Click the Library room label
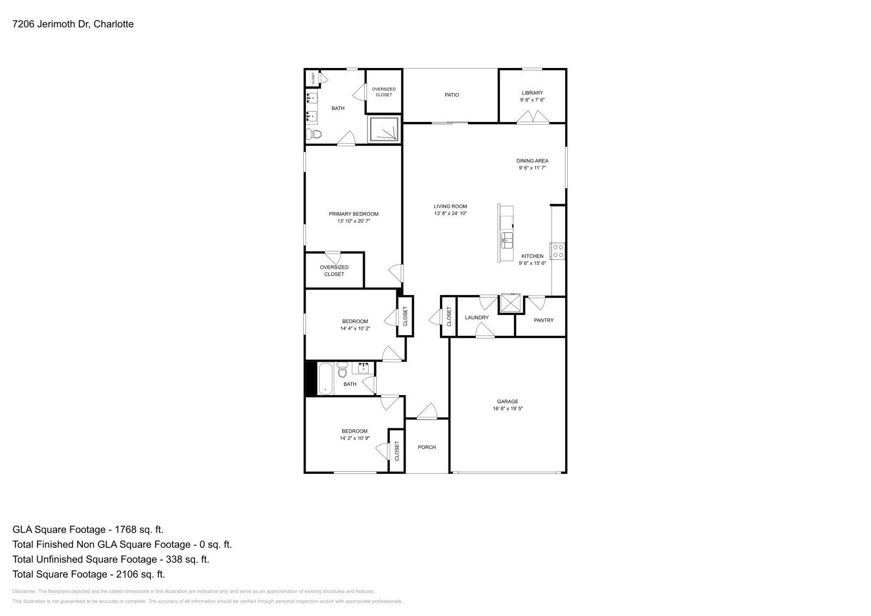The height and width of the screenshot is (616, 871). tap(532, 93)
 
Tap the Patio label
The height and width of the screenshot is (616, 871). tap(451, 95)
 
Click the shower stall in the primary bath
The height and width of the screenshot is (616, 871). tap(384, 130)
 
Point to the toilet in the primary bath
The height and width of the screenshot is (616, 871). tap(314, 133)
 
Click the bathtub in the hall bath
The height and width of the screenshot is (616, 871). tap(325, 378)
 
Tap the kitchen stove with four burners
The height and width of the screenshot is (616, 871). tap(558, 251)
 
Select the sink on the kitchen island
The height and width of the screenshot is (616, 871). tap(507, 238)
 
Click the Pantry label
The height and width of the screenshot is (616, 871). tap(543, 320)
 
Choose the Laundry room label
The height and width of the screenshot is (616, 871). tap(476, 317)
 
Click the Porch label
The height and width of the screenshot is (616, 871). tap(427, 447)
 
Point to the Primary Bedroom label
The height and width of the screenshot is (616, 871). tap(353, 214)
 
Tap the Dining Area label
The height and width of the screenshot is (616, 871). tap(532, 161)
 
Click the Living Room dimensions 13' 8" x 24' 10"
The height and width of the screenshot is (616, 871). tap(450, 213)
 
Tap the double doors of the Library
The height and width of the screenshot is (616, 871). tap(533, 117)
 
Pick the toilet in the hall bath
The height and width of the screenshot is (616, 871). tap(342, 371)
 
